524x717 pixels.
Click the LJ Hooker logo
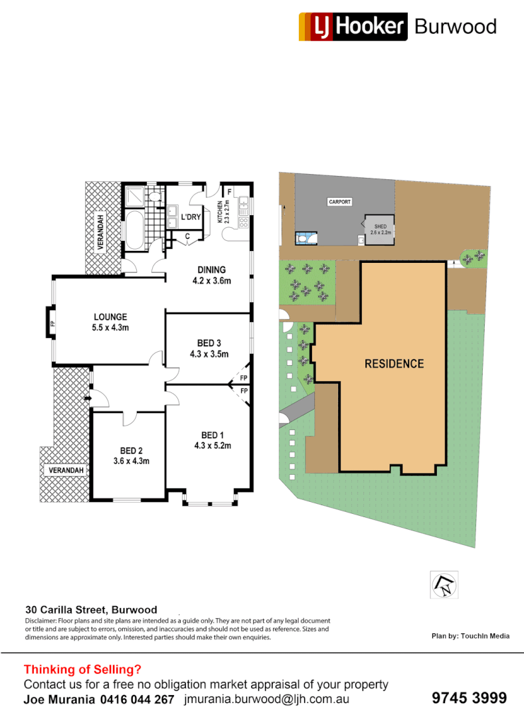[352, 27]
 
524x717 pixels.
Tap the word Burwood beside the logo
[455, 27]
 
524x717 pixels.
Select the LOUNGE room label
[110, 322]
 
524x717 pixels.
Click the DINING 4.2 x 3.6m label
[211, 275]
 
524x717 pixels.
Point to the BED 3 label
[209, 348]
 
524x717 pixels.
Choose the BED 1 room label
[212, 440]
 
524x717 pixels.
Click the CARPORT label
[339, 202]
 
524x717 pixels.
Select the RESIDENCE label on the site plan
[394, 364]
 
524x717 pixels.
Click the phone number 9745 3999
[469, 698]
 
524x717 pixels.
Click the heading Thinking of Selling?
[82, 670]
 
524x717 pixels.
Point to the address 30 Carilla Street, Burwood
[91, 609]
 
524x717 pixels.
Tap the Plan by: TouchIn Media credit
[470, 636]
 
